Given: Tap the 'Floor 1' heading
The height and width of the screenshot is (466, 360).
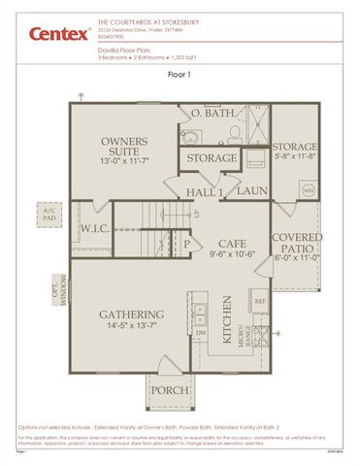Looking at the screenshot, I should pyautogui.click(x=180, y=74).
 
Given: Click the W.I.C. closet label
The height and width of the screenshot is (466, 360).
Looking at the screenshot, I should pyautogui.click(x=94, y=229).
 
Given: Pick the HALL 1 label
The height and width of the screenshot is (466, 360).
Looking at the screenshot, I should pyautogui.click(x=206, y=191).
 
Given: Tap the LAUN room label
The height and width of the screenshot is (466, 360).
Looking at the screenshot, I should pyautogui.click(x=251, y=191).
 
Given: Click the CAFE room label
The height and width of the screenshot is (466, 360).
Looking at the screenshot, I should pyautogui.click(x=231, y=243).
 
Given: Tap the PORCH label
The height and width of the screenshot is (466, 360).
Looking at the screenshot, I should pyautogui.click(x=169, y=390).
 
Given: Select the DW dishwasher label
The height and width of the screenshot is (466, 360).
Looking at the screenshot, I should pyautogui.click(x=201, y=332).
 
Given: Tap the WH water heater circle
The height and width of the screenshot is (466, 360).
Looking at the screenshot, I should pyautogui.click(x=308, y=191).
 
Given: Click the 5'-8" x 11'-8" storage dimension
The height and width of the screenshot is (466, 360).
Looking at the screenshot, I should pyautogui.click(x=295, y=155).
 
